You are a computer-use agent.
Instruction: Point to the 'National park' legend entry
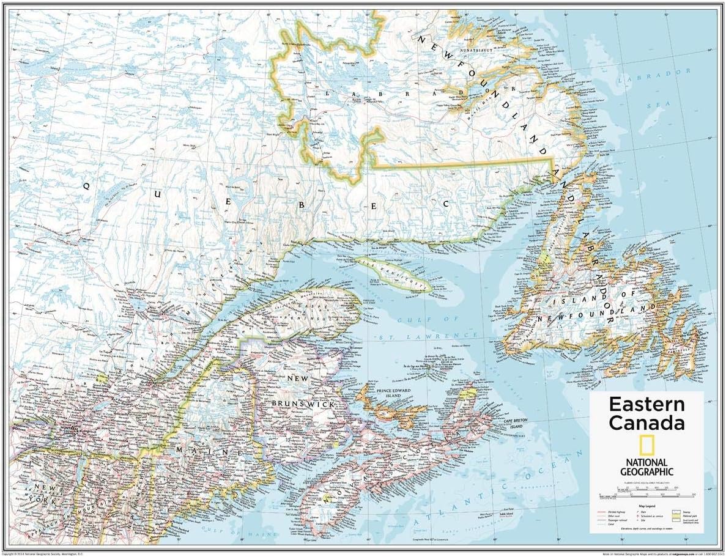[x=684, y=517]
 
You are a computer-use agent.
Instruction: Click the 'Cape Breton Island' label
[x=515, y=423]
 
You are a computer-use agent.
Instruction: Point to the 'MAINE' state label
[x=193, y=451]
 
